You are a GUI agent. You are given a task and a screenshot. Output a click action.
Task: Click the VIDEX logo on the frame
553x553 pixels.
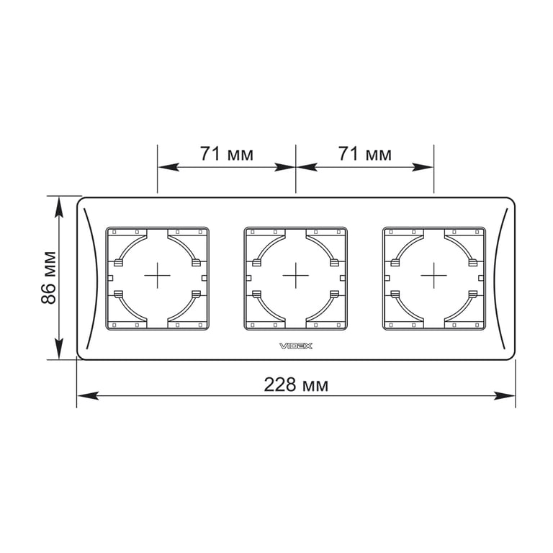(x=296, y=346)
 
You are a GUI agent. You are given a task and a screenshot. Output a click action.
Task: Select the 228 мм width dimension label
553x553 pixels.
(x=296, y=385)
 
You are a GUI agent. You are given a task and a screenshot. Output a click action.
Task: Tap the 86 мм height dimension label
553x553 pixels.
(x=49, y=278)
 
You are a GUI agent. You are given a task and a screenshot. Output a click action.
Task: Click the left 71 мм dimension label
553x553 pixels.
(x=227, y=154)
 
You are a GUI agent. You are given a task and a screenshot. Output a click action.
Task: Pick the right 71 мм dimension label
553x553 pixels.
(x=365, y=154)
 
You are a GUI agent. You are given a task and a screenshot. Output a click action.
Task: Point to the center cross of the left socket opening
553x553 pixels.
(x=157, y=276)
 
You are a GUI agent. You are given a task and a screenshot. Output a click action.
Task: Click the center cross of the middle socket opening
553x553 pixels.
(x=295, y=276)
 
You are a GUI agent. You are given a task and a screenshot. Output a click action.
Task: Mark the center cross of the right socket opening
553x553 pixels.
(x=433, y=276)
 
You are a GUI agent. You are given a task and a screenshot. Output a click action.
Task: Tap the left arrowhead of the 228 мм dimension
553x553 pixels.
(x=87, y=396)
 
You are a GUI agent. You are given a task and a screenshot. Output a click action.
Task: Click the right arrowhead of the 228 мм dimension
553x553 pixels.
(x=505, y=396)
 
